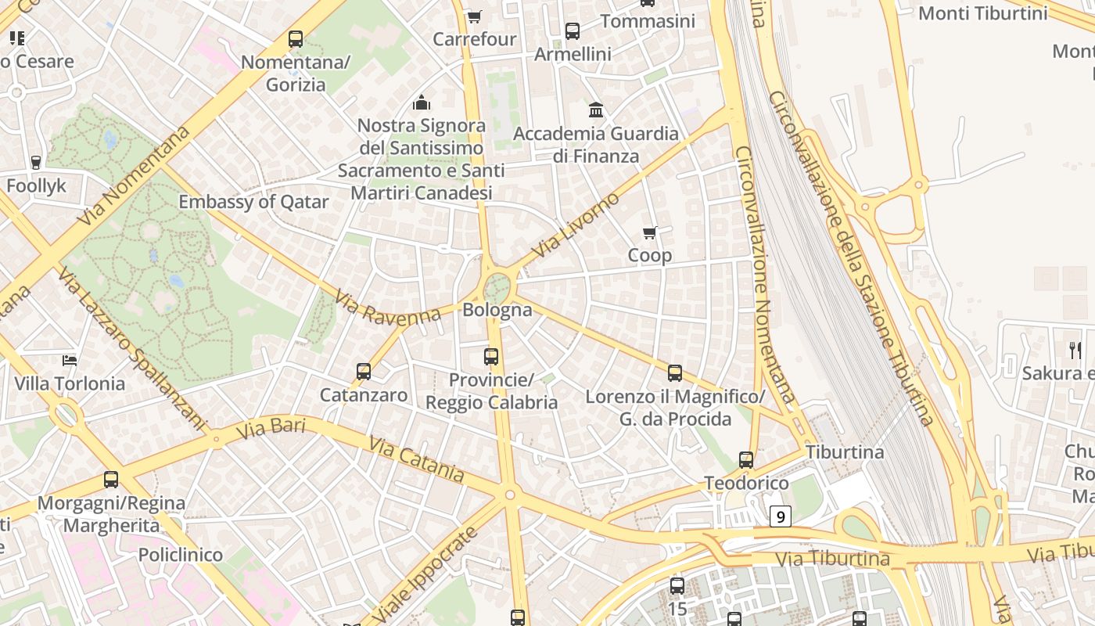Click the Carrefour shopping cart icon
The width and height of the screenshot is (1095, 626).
[474, 16]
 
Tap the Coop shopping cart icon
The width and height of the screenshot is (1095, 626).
[649, 232]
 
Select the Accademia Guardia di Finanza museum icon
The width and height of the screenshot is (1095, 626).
[596, 110]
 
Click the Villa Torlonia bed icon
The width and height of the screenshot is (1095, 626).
[70, 360]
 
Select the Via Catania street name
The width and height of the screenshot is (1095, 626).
[416, 459]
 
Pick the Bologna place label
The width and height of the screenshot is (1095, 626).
[497, 310]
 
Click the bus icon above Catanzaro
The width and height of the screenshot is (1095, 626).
[363, 372]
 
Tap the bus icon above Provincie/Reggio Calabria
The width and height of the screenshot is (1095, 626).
[491, 357]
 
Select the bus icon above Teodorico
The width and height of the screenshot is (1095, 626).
[746, 460]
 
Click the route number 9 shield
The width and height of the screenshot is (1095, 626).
[780, 516]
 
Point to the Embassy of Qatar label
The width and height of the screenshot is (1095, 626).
[253, 202]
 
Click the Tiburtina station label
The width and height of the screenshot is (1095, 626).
[845, 452]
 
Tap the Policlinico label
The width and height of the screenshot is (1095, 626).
[181, 556]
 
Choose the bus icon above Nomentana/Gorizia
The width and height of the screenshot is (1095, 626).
[296, 39]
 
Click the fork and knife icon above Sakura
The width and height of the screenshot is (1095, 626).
[1075, 350]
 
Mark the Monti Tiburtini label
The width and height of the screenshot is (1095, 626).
[982, 13]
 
